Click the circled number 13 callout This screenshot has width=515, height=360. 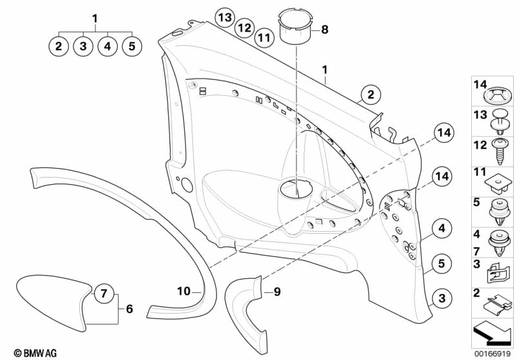point(225,17)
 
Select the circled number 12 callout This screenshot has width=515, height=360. point(245,28)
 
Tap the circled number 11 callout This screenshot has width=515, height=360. point(264,38)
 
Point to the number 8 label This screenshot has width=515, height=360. point(324,30)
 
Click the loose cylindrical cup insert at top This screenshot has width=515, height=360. point(296,26)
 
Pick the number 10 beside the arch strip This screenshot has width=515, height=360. point(184,291)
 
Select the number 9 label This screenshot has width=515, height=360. point(277,291)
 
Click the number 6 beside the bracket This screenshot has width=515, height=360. point(130,309)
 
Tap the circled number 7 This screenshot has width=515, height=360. point(104,293)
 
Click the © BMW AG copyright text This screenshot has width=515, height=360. point(35,353)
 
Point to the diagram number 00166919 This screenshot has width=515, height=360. point(492,354)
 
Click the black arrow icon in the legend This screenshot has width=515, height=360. point(491,334)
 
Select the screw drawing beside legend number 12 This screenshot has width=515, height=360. point(500,151)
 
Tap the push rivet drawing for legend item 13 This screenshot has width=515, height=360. point(500,121)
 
